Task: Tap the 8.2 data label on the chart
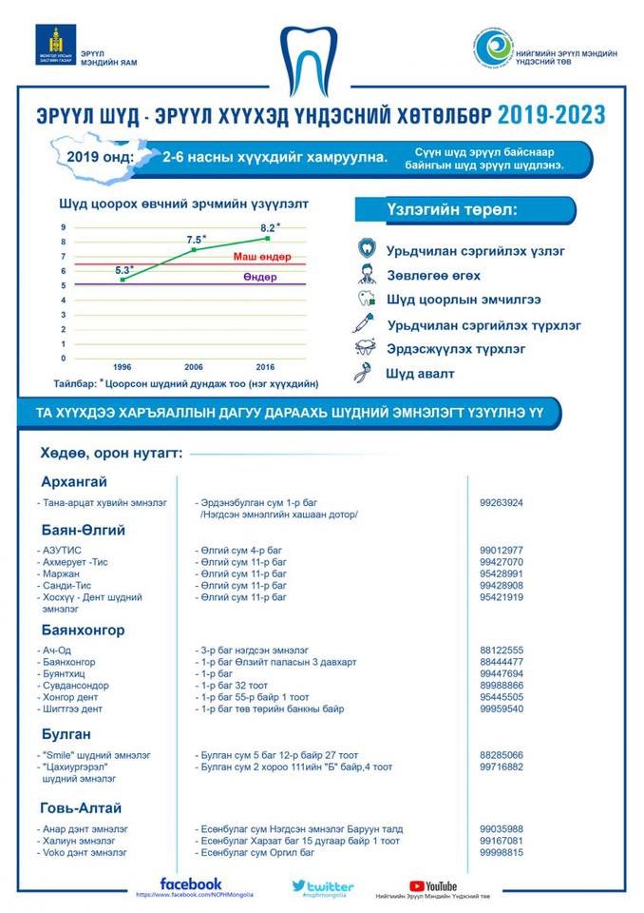coord(268,227)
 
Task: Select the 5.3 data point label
coord(124,270)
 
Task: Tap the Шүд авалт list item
coord(419,374)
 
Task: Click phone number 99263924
coord(502,502)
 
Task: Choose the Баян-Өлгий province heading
coord(85,529)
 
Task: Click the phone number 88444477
coord(502,661)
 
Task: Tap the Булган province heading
coord(66,733)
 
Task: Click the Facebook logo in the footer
coord(191,884)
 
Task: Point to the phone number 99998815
coord(502,852)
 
